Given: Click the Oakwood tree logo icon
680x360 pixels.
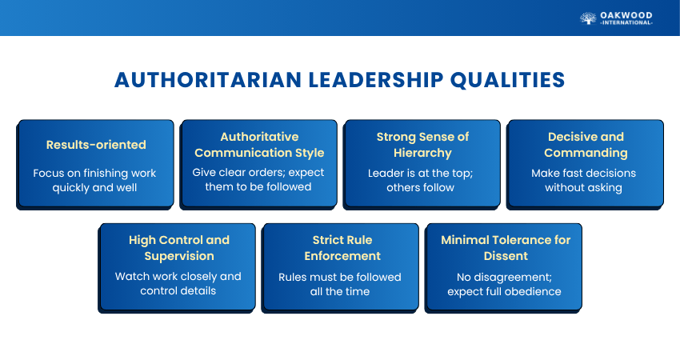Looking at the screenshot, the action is tap(588, 18).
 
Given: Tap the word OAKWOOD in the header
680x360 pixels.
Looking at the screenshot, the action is tap(626, 15).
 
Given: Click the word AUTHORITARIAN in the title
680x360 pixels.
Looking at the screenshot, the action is tap(208, 80).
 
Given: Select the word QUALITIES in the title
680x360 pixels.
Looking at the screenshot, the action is tap(508, 80).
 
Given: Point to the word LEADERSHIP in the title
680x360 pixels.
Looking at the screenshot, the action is tap(376, 80).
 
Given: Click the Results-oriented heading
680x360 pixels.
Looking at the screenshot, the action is tap(96, 145).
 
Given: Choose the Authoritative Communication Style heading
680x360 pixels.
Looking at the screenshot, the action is tap(259, 145).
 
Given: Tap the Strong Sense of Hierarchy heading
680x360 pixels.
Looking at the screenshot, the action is tap(423, 145).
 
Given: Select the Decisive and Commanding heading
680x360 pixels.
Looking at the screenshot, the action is tap(586, 145).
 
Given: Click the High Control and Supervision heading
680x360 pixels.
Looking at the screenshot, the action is tap(179, 248).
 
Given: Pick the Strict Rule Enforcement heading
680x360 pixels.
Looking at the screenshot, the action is tap(342, 248).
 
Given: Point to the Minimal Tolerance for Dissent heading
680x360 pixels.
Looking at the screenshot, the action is tap(506, 248).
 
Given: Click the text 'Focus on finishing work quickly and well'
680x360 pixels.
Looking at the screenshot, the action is tap(94, 181).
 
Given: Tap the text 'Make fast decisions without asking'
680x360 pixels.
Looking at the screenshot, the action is tap(584, 181).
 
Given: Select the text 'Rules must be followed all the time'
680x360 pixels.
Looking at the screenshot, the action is tap(340, 284).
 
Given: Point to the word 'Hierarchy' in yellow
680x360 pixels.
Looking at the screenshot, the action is tap(423, 153).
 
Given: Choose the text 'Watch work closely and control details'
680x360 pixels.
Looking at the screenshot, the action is tap(178, 283).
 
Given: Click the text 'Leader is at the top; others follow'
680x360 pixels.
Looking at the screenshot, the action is tap(421, 181).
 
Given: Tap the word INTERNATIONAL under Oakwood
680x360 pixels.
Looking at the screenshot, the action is tap(626, 22).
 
